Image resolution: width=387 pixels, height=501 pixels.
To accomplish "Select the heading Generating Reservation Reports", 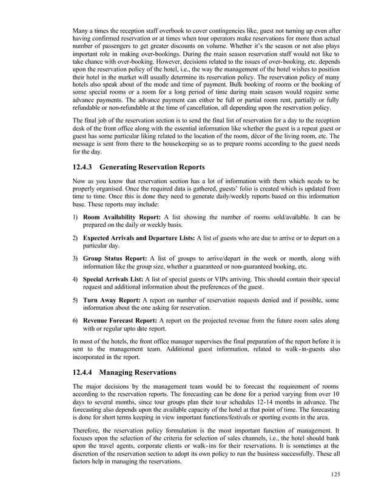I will [x=152, y=167].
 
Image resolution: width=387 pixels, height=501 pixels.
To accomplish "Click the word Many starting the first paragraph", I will [x=80, y=30].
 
